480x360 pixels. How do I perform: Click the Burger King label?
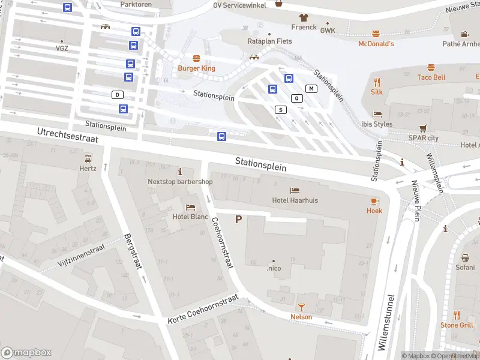196,68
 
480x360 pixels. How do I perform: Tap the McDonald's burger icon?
376,34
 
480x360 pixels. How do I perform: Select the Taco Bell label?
431,77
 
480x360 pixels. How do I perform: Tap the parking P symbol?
239,220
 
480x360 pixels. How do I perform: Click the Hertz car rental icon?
88,158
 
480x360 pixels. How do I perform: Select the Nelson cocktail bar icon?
301,307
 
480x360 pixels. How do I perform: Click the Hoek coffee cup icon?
374,200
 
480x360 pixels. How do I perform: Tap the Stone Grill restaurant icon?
457,315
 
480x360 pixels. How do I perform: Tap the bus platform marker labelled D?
118,95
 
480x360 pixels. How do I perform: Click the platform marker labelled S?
280,110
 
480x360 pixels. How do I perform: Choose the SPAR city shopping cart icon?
424,128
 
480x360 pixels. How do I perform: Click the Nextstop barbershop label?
180,182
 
